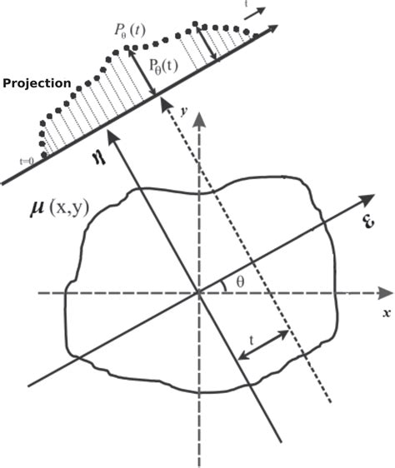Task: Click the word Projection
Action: [36, 84]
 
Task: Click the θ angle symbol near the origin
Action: [240, 281]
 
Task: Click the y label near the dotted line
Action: [181, 109]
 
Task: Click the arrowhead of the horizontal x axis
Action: [385, 293]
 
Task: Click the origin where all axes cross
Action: [199, 293]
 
